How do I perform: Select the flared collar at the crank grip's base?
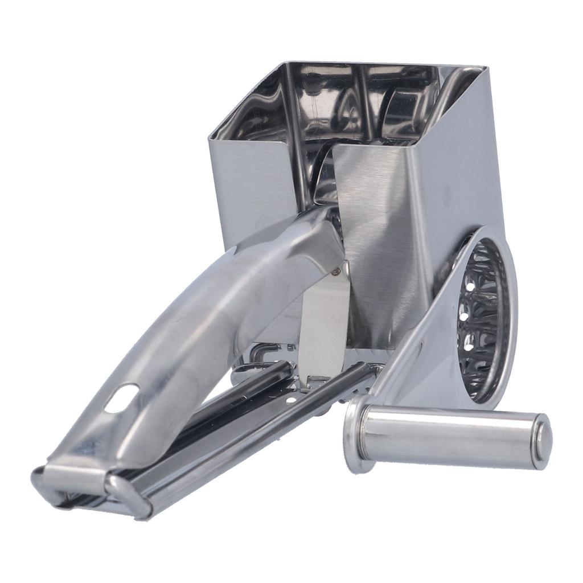[355, 433]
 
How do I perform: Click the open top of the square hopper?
[353, 102]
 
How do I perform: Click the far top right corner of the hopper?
[485, 68]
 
